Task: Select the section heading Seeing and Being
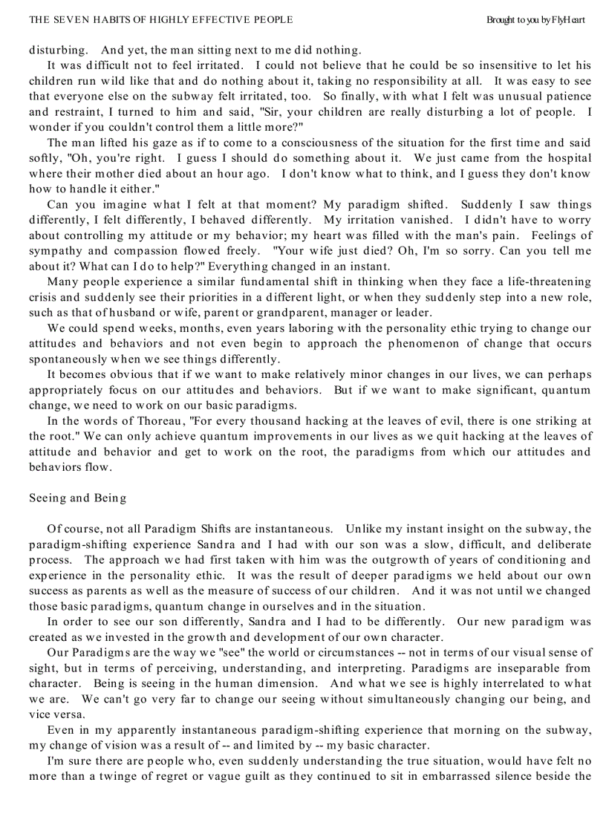coord(77,498)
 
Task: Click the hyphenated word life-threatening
coord(541,281)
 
